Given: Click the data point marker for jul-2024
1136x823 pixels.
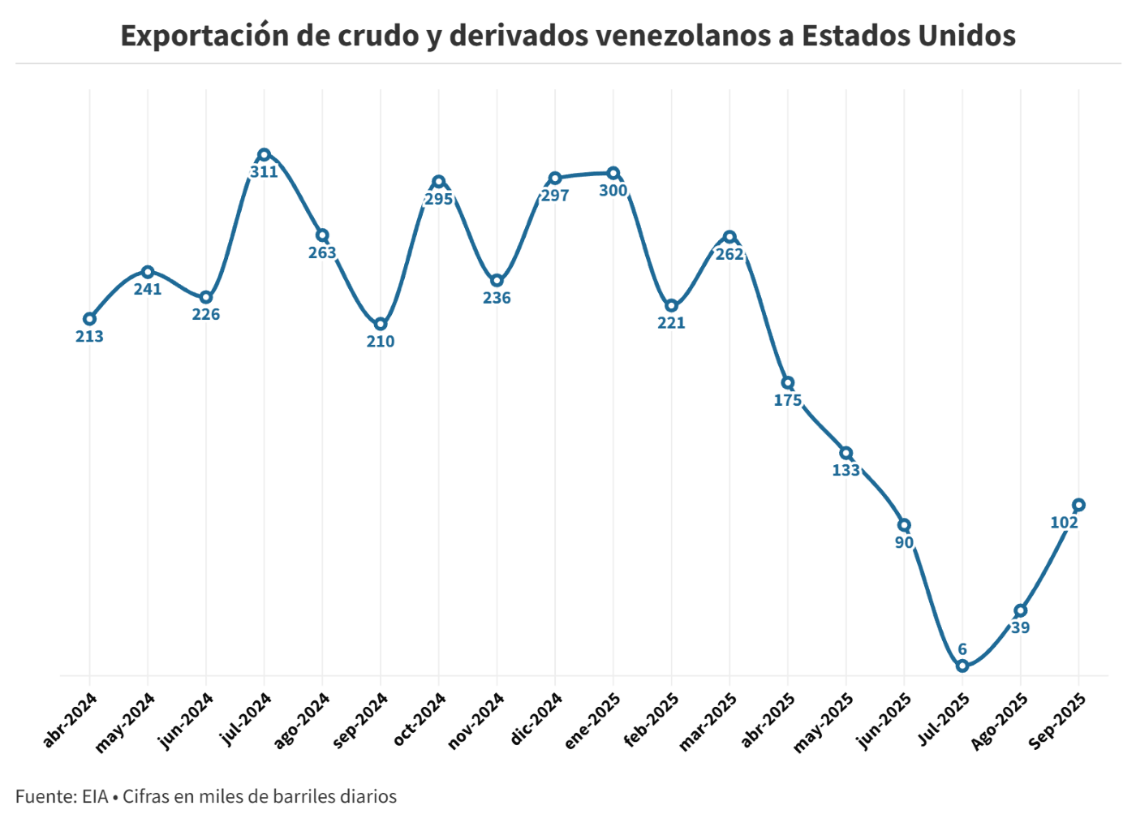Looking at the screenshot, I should (264, 154).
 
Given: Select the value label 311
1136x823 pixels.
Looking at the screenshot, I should (264, 172).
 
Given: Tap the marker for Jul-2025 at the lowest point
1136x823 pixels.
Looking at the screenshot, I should (962, 666).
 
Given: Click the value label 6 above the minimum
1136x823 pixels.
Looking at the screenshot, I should (962, 649).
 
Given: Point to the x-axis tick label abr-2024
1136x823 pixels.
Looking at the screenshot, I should (71, 719).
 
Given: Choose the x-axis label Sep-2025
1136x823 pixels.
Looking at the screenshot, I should (1057, 721).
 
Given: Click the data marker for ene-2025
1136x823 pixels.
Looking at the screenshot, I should (613, 173).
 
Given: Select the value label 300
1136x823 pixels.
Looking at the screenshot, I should (613, 191).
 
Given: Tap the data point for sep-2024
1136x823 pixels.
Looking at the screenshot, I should (381, 324).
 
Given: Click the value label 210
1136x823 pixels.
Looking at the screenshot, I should (381, 342).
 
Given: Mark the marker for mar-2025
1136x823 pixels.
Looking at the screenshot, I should (729, 237).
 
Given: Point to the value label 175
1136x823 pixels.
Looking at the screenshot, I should (788, 400).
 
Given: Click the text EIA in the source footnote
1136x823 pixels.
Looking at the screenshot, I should (95, 796).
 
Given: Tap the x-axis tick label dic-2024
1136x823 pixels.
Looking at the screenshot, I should (537, 719).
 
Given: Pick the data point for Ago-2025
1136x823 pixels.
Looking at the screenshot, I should (1021, 610).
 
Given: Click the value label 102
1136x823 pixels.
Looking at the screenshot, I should (1064, 523).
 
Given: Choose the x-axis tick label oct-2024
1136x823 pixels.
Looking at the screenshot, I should (420, 719).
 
